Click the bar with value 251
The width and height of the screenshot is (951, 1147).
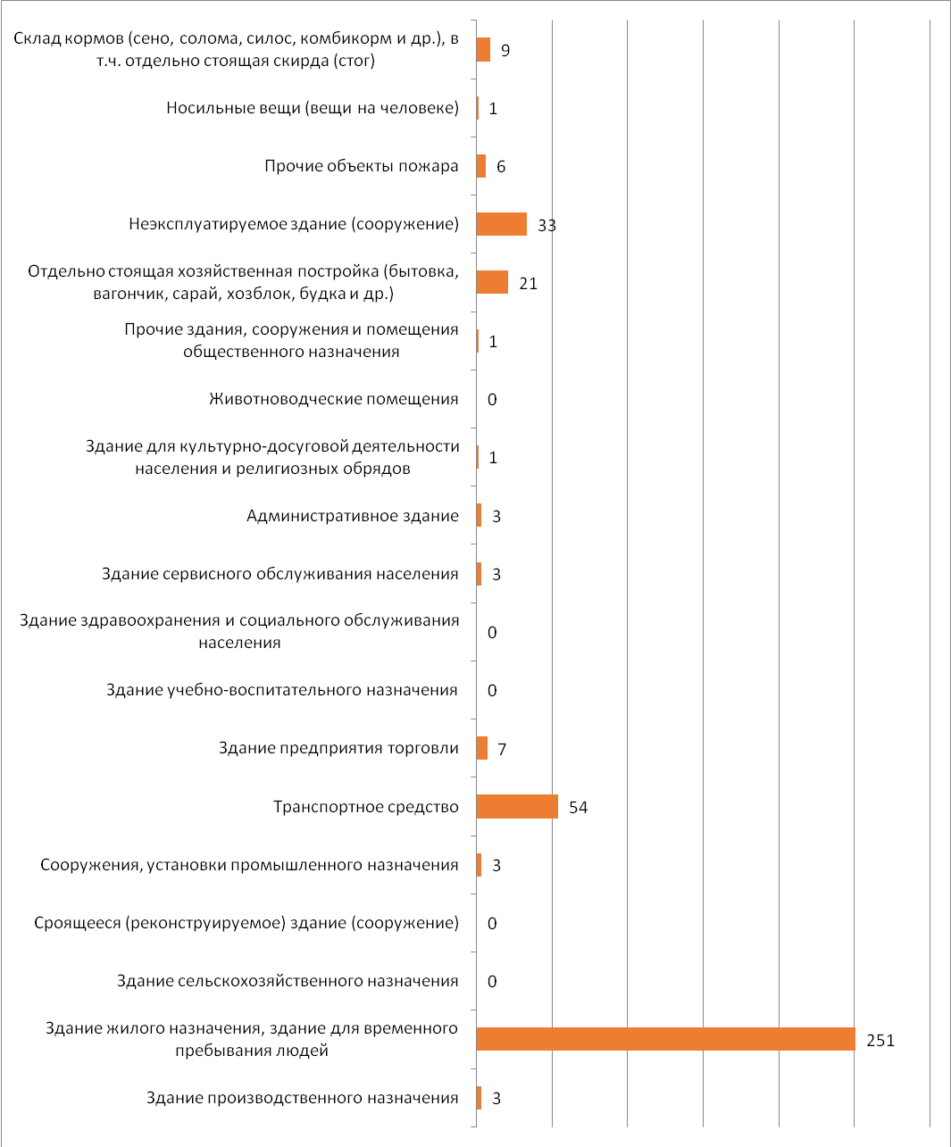(666, 1039)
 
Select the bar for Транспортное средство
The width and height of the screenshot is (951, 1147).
(517, 806)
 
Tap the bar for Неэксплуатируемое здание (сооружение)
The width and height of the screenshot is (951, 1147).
(501, 224)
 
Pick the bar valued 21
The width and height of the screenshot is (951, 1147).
(492, 282)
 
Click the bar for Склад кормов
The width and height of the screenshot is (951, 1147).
(483, 49)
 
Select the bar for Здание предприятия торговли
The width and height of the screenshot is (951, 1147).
(482, 748)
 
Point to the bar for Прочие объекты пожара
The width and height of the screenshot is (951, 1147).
(481, 166)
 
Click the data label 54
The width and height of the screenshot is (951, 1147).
(579, 808)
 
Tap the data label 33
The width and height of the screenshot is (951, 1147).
(547, 225)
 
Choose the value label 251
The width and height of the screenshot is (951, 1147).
(880, 1041)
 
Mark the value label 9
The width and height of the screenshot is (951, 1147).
(505, 51)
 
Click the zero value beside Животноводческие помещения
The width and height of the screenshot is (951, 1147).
(492, 399)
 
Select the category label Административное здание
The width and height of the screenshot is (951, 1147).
(353, 516)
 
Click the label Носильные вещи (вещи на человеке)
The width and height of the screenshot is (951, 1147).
(313, 108)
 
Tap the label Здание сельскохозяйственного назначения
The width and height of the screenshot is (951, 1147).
(288, 981)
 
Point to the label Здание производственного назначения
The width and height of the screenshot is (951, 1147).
(303, 1098)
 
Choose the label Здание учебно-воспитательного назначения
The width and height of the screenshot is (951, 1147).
(282, 690)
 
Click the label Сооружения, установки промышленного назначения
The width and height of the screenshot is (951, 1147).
(249, 865)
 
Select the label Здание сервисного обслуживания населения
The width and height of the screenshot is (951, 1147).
(279, 574)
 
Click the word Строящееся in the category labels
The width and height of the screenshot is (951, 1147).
(77, 924)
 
